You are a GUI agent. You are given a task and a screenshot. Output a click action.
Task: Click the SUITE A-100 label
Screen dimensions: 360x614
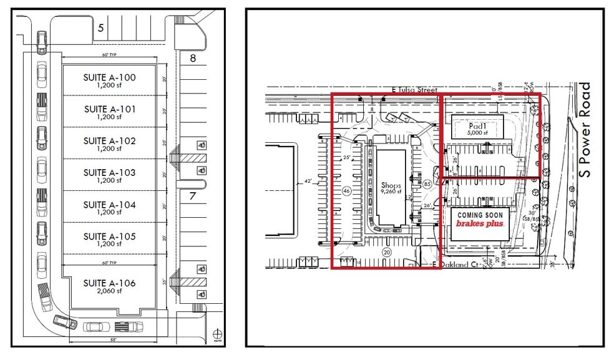pos(109,77)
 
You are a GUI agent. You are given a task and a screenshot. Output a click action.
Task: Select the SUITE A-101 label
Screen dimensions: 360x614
pos(109,109)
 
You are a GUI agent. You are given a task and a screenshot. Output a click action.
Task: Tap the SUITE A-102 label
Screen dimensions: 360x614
pos(109,141)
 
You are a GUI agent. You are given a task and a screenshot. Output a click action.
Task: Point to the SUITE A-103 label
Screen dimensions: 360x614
pos(109,172)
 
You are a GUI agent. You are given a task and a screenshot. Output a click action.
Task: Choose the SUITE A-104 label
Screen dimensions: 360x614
pos(109,205)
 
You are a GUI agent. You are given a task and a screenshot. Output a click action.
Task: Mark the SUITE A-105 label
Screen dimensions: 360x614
pos(109,236)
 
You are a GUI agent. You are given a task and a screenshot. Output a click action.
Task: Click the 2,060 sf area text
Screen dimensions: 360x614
pos(109,291)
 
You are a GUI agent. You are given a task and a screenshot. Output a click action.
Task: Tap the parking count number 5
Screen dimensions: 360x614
pos(100,27)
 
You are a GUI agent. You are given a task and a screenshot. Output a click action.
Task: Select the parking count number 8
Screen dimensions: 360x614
pos(193,59)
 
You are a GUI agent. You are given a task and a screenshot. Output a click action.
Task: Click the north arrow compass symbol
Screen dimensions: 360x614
pos(217,332)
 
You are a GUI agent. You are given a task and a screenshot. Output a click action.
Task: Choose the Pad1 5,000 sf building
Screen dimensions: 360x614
pos(477,129)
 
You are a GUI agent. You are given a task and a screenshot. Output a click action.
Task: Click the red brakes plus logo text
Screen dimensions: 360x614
pos(479,223)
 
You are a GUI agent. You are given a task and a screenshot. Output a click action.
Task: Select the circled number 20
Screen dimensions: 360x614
pos(386,252)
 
